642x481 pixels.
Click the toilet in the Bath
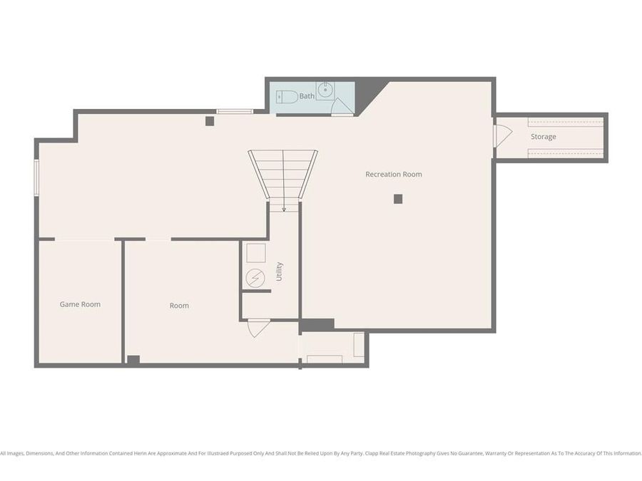287,97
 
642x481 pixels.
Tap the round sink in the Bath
325,89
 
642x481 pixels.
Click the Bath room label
307,96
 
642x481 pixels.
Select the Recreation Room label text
393,175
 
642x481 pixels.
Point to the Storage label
543,137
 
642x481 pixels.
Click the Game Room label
80,304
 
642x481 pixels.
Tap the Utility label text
279,271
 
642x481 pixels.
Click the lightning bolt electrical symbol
255,276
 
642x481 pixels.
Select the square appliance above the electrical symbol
256,253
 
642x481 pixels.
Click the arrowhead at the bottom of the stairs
284,210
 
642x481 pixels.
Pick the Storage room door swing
503,135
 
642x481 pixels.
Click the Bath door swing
342,107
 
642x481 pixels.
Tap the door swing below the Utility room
258,327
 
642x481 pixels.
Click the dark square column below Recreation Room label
398,199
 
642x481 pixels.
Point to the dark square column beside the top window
210,121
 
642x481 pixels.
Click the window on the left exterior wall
36,177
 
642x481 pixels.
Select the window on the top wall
235,111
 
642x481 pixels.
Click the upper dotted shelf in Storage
566,122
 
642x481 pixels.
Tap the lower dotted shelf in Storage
566,152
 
